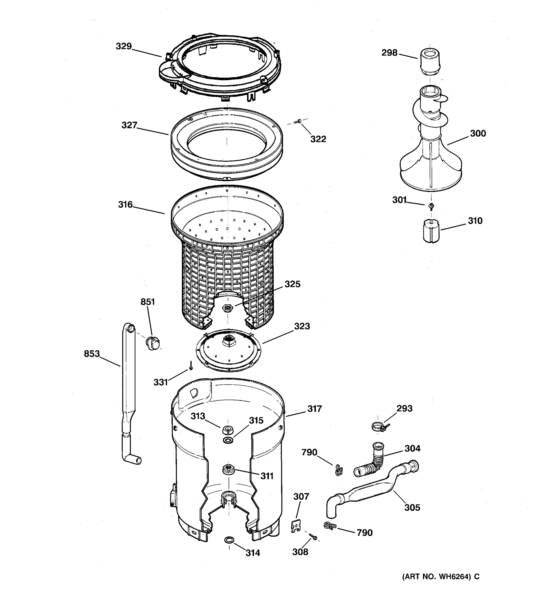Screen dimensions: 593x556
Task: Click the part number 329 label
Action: (x=124, y=46)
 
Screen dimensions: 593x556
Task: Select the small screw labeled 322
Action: (x=298, y=121)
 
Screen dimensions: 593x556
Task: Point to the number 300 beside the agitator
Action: (x=478, y=133)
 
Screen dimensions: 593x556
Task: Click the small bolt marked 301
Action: (x=431, y=206)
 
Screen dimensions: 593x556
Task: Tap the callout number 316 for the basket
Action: (x=125, y=205)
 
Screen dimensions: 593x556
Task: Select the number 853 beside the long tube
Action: (x=92, y=354)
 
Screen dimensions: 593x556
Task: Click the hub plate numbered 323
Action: (x=229, y=351)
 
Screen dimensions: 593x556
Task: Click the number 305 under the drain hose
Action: (x=412, y=508)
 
